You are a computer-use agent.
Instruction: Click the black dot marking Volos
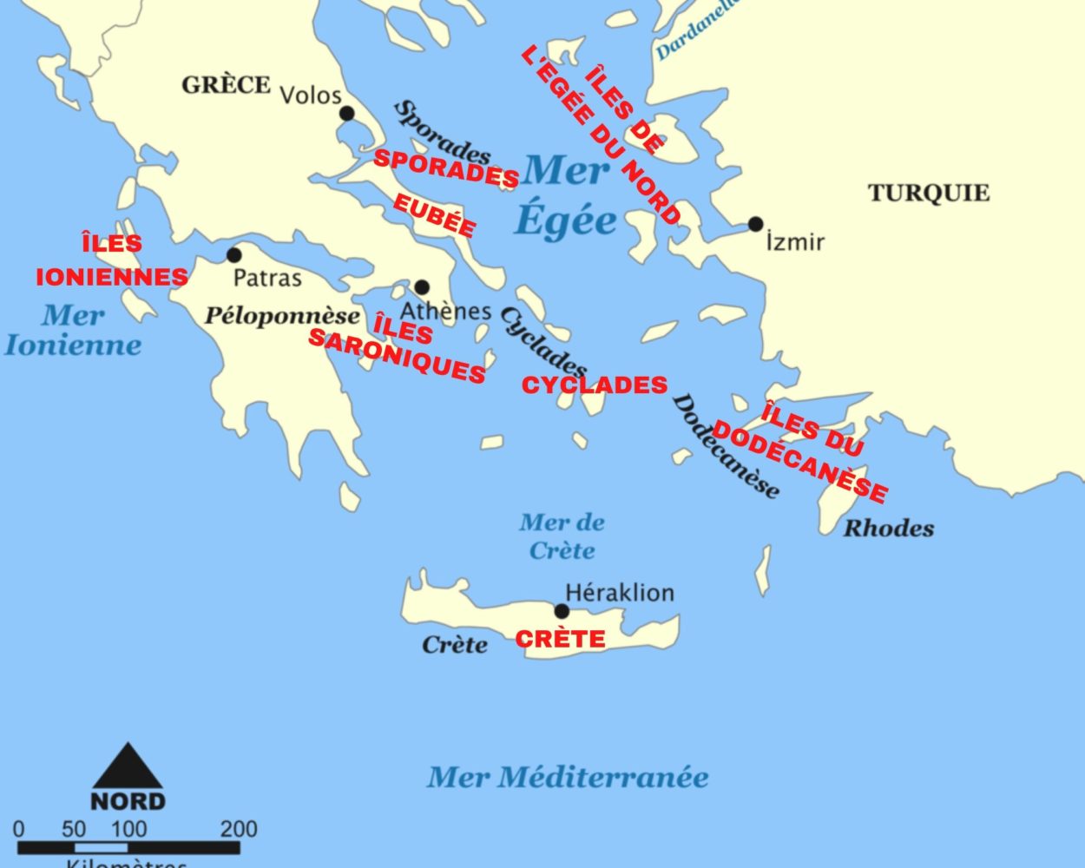point(347,113)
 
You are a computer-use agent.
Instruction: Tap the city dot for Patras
point(233,255)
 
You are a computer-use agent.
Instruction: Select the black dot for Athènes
point(422,287)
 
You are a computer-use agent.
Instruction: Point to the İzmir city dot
point(756,224)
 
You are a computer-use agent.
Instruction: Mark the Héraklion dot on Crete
point(562,611)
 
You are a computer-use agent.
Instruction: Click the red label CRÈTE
point(560,640)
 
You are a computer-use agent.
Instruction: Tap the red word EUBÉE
point(434,215)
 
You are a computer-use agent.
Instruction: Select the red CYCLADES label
point(595,385)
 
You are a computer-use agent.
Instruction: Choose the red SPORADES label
point(446,168)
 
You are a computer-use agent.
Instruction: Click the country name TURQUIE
point(929,193)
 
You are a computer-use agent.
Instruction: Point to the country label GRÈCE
point(226,85)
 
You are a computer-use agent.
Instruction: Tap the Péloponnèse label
point(282,317)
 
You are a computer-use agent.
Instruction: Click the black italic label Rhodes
point(889,528)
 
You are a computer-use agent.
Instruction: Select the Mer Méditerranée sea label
point(568,777)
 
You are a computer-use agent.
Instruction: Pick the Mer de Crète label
point(562,536)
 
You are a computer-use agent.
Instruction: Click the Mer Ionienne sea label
point(73,330)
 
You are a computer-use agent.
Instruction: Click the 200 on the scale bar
point(239,829)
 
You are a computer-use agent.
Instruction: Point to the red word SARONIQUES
point(397,357)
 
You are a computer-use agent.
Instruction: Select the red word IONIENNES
point(112,277)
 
